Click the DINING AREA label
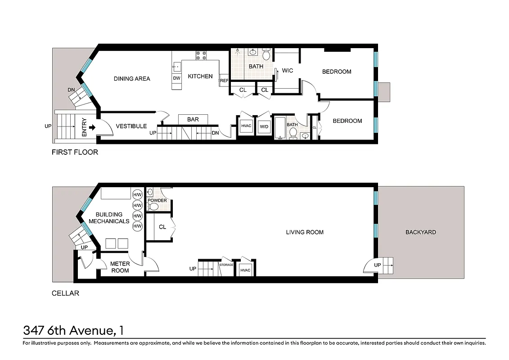(131, 79)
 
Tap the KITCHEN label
(200, 76)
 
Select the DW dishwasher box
(176, 78)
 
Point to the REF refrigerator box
(224, 81)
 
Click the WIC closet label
(287, 71)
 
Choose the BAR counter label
(193, 119)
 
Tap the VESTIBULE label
(131, 126)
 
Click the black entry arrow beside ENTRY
(92, 127)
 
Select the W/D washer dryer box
(264, 126)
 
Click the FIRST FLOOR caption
(75, 152)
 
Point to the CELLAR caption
(65, 293)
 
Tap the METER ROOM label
(120, 267)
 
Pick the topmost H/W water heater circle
(137, 195)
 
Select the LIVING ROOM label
(305, 232)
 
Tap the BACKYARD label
(420, 232)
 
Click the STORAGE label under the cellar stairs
(226, 265)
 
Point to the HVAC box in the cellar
(245, 270)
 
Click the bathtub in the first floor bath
(280, 128)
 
